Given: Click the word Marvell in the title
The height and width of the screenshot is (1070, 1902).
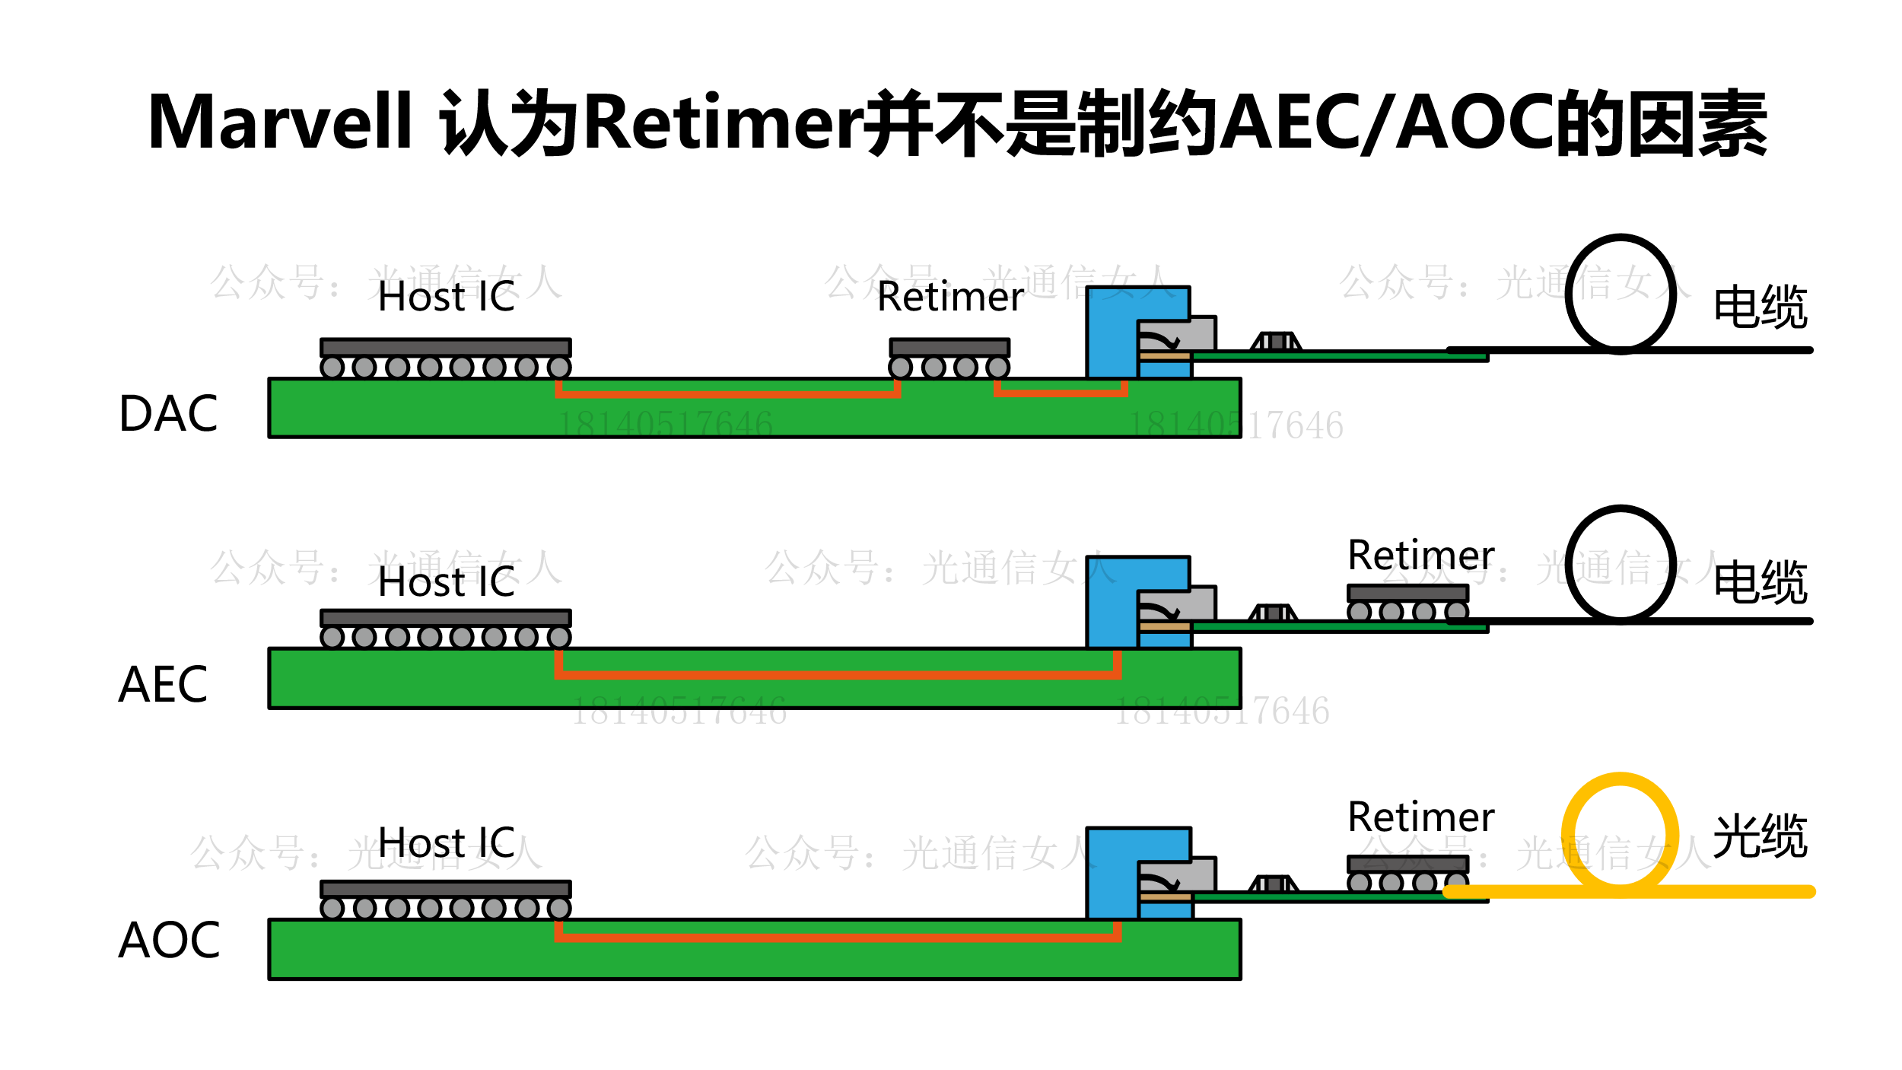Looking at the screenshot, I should tap(279, 123).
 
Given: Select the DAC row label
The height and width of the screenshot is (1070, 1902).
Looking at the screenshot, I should tap(168, 414).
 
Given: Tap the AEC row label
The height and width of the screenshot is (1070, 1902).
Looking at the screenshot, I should tap(163, 684).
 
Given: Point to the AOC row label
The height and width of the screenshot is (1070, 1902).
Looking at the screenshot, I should tap(169, 940).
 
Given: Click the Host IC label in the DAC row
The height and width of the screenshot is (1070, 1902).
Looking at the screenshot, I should tap(447, 297).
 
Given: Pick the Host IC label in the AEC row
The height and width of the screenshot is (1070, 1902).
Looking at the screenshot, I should tap(447, 582).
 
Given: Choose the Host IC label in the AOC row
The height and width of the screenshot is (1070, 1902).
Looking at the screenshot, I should tap(447, 842).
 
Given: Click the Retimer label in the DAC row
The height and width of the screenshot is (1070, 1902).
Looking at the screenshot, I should tap(950, 297).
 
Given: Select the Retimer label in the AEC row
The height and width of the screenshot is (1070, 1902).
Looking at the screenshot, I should tap(1420, 555).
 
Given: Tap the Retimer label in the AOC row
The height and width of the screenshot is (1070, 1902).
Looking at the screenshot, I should tap(1420, 817).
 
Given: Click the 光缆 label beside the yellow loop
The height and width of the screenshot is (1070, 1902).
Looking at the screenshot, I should tap(1760, 836).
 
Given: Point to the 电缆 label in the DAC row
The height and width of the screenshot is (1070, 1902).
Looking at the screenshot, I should tap(1760, 307).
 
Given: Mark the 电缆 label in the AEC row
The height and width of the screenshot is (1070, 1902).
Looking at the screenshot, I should tap(1760, 582).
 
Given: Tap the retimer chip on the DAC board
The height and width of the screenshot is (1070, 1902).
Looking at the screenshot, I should tap(949, 349).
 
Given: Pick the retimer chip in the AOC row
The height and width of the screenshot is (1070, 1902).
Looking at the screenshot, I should tap(1407, 864).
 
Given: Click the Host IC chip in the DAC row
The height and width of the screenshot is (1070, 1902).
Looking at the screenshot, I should tap(445, 349).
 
